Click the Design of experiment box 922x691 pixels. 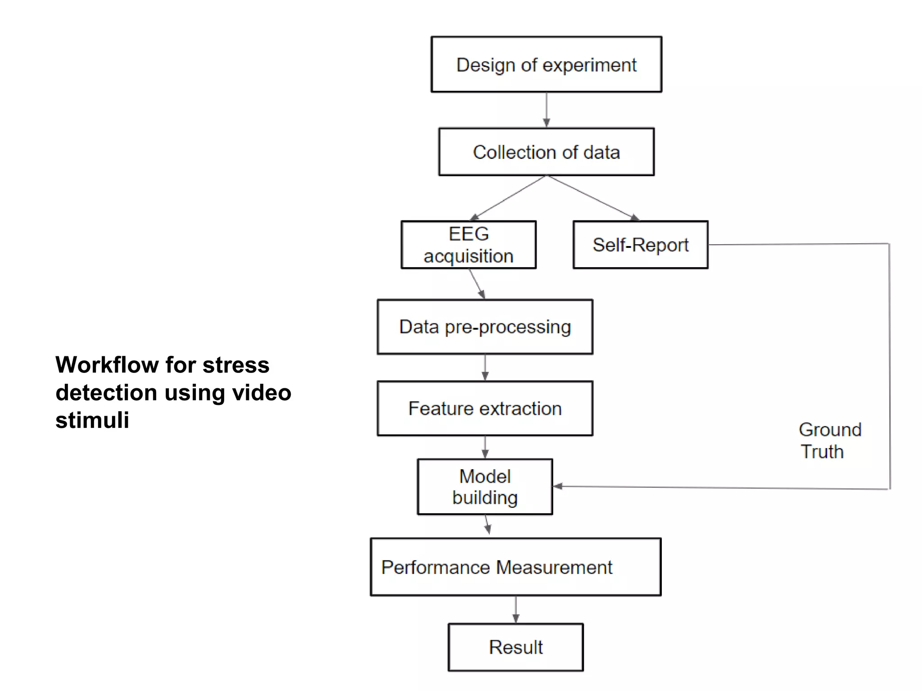click(546, 65)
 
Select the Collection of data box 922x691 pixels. click(546, 152)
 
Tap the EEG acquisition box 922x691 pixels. click(468, 245)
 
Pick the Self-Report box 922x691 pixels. click(640, 245)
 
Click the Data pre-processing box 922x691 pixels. click(485, 327)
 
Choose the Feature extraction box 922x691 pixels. click(485, 408)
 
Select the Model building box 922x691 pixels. click(485, 487)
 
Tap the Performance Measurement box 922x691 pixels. click(515, 567)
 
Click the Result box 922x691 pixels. click(515, 647)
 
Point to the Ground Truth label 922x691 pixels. click(829, 441)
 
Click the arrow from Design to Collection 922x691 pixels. click(546, 110)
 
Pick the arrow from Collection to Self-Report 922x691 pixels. click(592, 197)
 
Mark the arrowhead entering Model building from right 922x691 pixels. click(558, 486)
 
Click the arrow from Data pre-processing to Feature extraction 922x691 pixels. click(485, 368)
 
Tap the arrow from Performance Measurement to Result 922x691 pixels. click(515, 610)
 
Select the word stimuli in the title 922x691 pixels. click(92, 420)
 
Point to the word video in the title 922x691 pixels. click(261, 393)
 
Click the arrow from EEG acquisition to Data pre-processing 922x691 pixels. click(477, 284)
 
